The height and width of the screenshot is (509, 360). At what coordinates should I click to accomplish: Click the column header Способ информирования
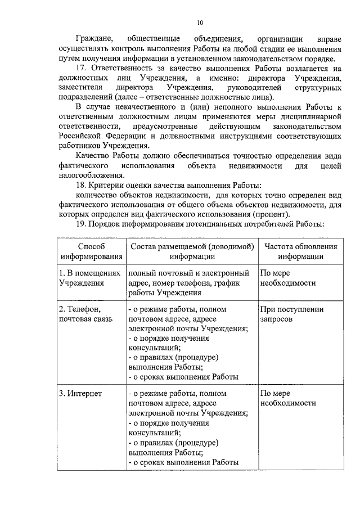coord(91,251)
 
